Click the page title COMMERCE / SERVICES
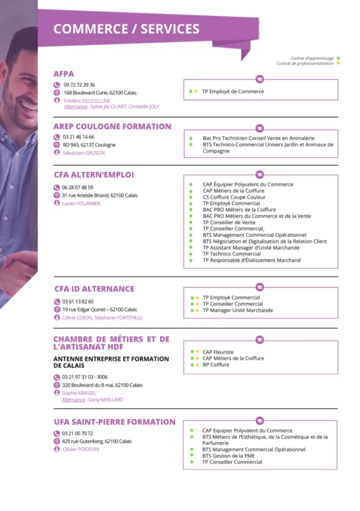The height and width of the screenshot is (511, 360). pyautogui.click(x=126, y=29)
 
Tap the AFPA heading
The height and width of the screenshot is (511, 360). pyautogui.click(x=64, y=74)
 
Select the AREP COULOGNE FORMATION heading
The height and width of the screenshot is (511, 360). pyautogui.click(x=112, y=126)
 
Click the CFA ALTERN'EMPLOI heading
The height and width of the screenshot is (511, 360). pyautogui.click(x=94, y=174)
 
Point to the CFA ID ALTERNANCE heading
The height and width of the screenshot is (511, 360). pyautogui.click(x=94, y=289)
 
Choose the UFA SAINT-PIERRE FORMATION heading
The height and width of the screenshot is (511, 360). pyautogui.click(x=114, y=422)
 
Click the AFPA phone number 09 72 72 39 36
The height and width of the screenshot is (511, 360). pyautogui.click(x=79, y=84)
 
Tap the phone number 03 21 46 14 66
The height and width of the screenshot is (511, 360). pyautogui.click(x=78, y=137)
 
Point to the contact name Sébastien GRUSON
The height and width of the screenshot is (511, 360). pyautogui.click(x=84, y=153)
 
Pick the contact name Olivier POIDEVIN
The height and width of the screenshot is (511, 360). pyautogui.click(x=81, y=449)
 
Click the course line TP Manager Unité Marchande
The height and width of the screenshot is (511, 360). pyautogui.click(x=237, y=310)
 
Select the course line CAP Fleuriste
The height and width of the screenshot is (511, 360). pyautogui.click(x=218, y=352)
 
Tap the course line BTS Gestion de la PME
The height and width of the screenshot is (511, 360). pyautogui.click(x=229, y=455)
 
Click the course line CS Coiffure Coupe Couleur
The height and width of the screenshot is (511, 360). pyautogui.click(x=233, y=197)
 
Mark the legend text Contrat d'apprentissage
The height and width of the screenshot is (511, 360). pyautogui.click(x=311, y=58)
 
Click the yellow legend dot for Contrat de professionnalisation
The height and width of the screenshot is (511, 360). pyautogui.click(x=338, y=63)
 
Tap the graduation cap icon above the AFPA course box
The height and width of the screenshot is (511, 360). pyautogui.click(x=259, y=79)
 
